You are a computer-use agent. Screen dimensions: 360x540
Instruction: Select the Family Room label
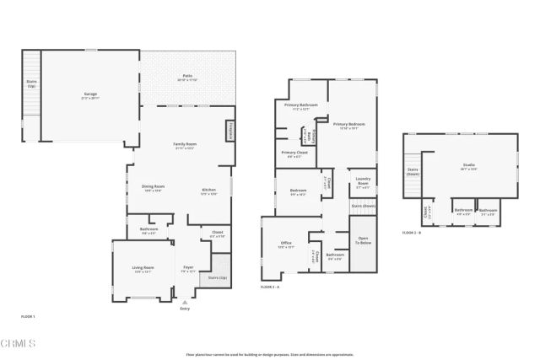(185, 145)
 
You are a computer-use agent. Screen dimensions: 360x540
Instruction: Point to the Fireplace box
(230, 131)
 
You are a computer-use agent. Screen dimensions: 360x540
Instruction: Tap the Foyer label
(187, 269)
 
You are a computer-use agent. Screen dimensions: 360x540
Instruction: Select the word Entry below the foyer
(185, 309)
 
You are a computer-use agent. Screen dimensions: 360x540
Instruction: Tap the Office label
(286, 244)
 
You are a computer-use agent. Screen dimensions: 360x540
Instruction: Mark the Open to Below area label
(364, 240)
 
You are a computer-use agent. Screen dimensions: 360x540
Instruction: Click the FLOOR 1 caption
(28, 316)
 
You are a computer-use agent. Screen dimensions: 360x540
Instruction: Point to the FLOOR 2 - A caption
(272, 287)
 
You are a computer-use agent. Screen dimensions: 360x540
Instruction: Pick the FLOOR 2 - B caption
(413, 232)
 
